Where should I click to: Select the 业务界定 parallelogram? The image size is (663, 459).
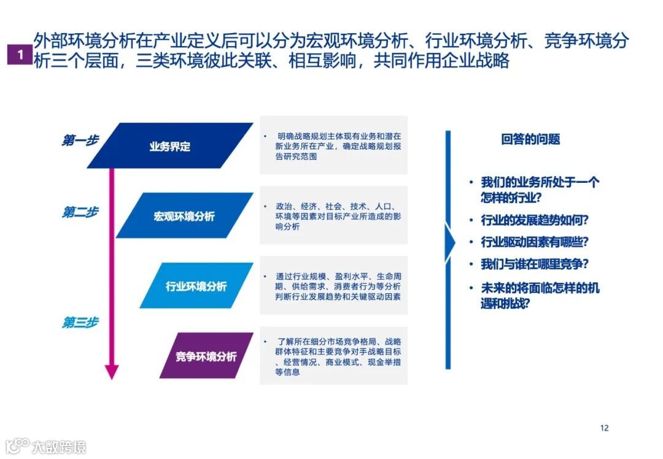tap(170, 146)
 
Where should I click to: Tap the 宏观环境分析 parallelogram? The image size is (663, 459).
tap(184, 216)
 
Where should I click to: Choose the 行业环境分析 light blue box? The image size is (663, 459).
tap(196, 286)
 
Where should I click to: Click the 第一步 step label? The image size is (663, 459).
tap(80, 141)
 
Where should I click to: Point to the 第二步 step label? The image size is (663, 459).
tap(80, 212)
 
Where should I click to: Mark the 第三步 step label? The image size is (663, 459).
tap(80, 322)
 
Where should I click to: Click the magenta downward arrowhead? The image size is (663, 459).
tap(111, 371)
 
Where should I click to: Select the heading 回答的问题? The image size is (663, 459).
tap(530, 139)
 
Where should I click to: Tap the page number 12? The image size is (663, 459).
tap(604, 428)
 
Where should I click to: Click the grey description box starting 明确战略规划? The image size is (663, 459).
tap(333, 145)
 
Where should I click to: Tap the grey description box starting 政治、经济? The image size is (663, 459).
tap(333, 215)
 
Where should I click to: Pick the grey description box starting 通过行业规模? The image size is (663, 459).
tap(333, 286)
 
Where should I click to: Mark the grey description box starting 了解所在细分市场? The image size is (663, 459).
tap(333, 356)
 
